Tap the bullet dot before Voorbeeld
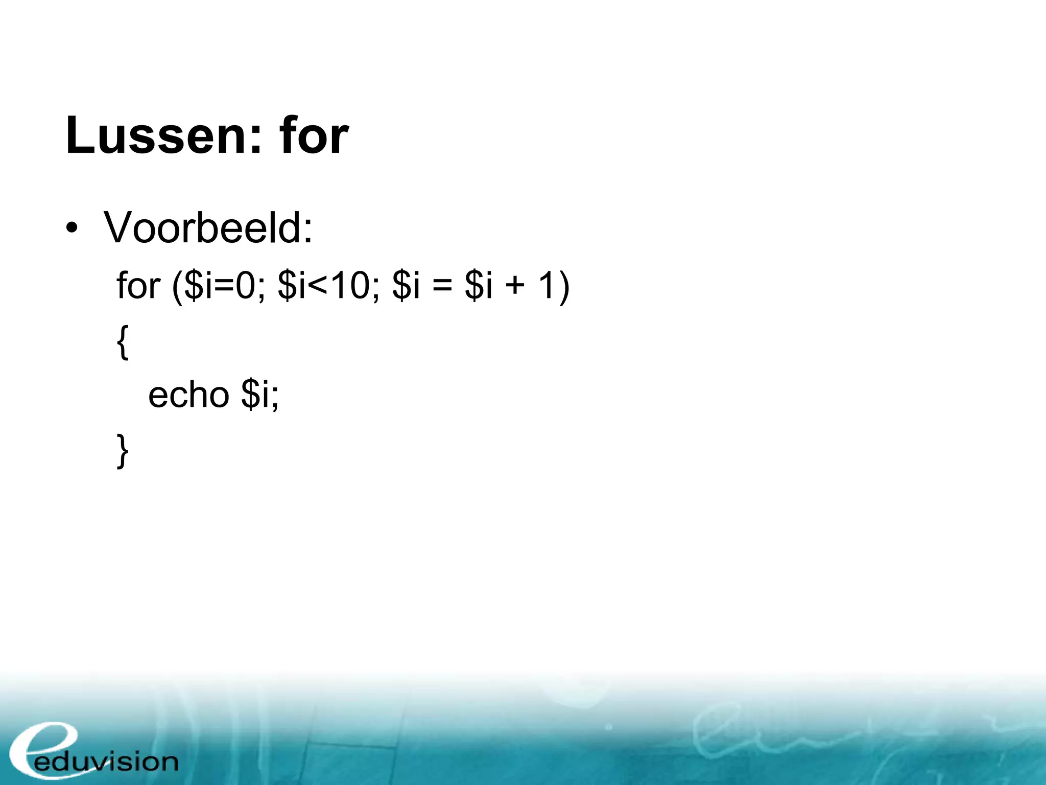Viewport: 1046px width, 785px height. point(72,228)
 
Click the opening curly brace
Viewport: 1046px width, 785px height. point(123,342)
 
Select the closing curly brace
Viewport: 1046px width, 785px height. point(123,451)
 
